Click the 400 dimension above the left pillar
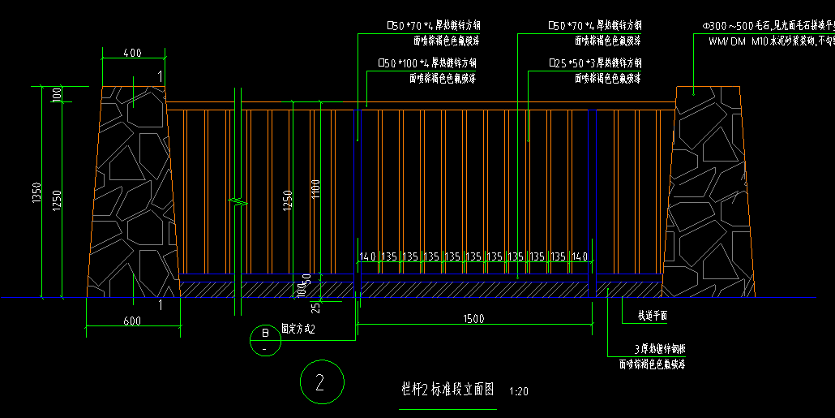tap(133, 54)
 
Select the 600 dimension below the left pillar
tap(132, 321)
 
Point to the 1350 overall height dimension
tap(36, 192)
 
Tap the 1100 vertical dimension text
tap(315, 188)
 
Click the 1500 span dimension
tap(474, 318)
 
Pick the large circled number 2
tap(321, 383)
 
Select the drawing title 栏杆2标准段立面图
tap(447, 390)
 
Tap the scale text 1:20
tap(519, 391)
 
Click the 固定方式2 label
tap(298, 330)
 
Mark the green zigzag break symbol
tap(237, 200)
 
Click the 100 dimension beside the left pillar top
tap(57, 94)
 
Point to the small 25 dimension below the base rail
tap(315, 307)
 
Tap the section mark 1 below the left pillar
tap(160, 305)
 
